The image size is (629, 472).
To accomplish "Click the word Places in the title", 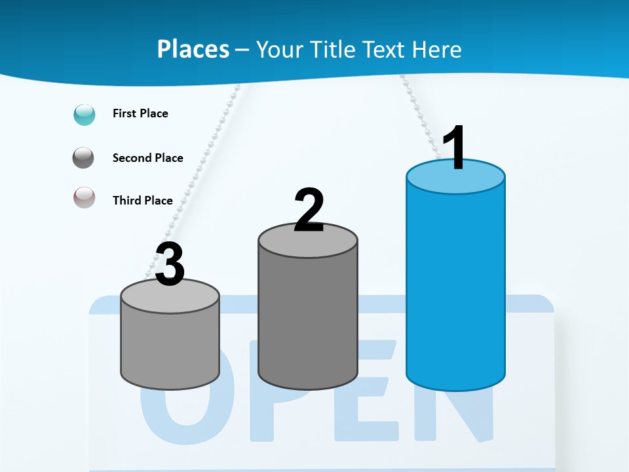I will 193,49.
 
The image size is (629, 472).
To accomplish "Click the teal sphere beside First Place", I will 85,114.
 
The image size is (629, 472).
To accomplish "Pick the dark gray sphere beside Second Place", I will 85,158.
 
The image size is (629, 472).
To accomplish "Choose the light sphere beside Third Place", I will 85,197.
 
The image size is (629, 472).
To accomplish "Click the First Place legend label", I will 140,113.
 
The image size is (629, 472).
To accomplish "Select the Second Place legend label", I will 147,158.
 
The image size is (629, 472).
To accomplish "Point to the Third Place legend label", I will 143,201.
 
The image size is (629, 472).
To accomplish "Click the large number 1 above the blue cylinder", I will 455,147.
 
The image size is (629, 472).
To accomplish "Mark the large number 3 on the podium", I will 170,264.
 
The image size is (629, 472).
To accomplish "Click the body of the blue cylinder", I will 455,288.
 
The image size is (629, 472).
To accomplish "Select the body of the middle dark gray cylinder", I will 308,315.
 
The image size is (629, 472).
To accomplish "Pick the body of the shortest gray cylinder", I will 170,347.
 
